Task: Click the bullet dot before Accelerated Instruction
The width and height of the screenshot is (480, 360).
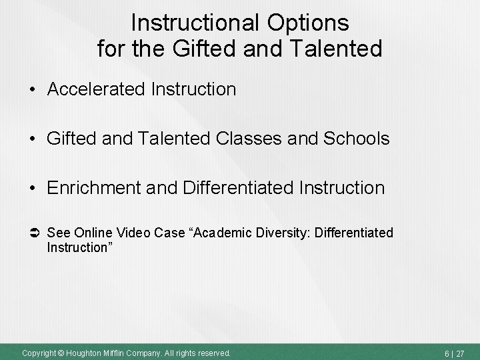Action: (32, 89)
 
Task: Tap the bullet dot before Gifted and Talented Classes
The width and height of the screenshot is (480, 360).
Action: (32, 139)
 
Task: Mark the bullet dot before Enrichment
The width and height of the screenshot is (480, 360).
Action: (32, 188)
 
